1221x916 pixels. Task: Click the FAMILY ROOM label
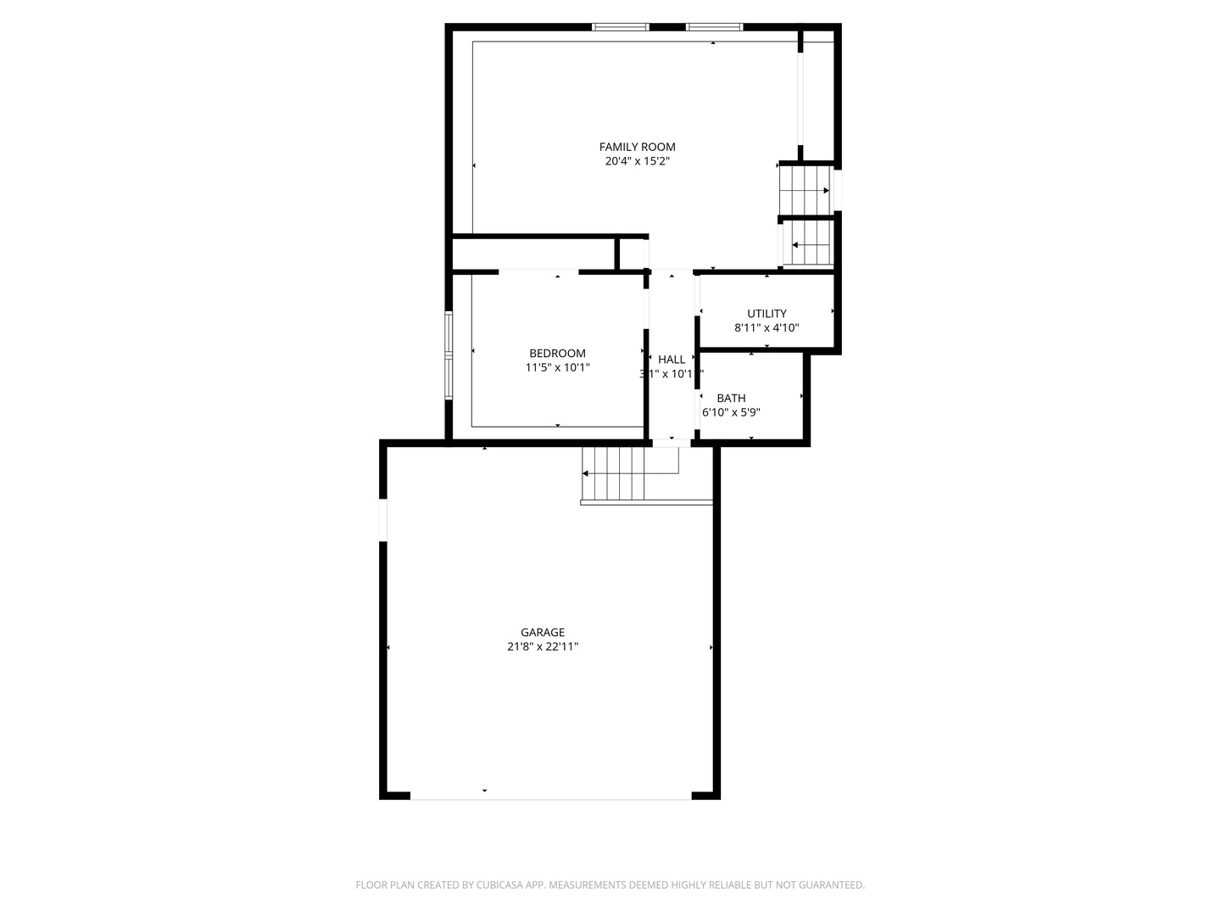pos(637,147)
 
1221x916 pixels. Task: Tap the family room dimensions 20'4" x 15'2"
pos(637,161)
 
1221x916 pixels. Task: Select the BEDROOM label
pos(557,353)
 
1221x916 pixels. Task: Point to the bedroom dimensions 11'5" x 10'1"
pos(557,367)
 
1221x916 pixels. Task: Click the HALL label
pos(671,360)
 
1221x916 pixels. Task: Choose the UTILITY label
pos(767,313)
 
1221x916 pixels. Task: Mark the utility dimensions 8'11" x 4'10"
pos(767,327)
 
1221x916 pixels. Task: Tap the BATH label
pos(731,398)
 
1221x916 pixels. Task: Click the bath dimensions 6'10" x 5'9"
pos(731,412)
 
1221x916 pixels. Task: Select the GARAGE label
pos(543,632)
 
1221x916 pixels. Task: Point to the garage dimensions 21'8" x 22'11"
pos(543,646)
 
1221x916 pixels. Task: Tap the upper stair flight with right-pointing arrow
pos(805,190)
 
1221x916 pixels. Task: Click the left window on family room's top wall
pos(621,27)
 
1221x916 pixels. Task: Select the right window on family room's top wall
pos(714,27)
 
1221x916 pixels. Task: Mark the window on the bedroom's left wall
pos(449,355)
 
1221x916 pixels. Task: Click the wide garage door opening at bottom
pos(550,796)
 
